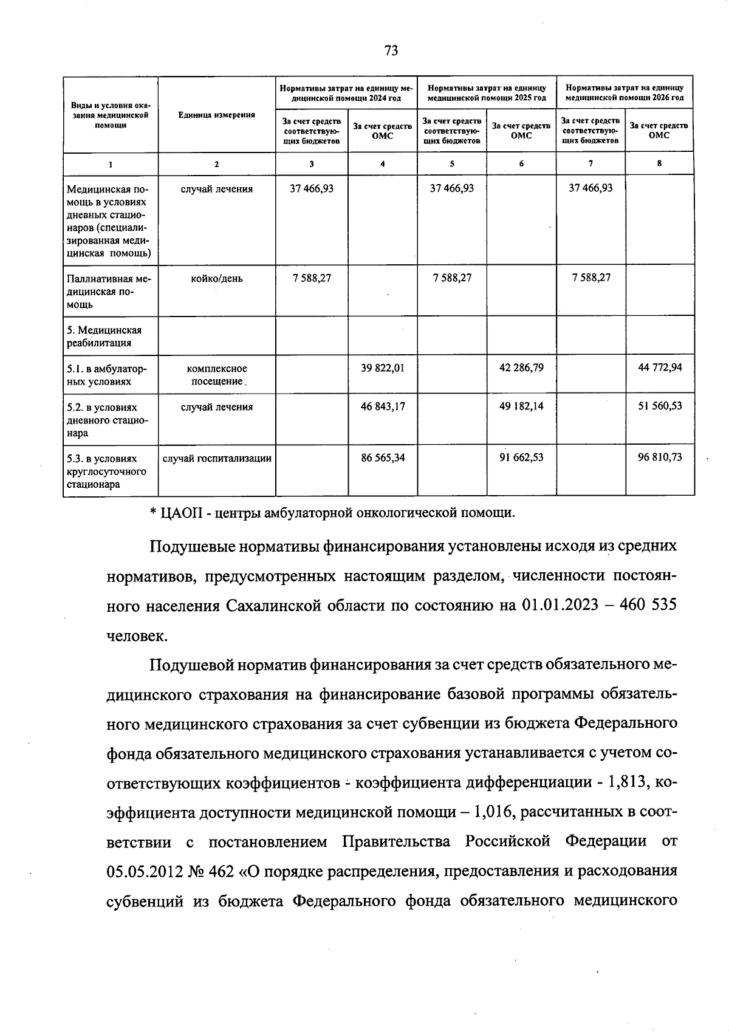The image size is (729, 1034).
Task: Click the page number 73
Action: coord(391,51)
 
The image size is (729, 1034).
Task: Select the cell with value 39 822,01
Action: coord(382,368)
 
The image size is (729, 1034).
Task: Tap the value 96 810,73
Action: coord(659,457)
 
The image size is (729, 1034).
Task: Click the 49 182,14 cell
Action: coord(521,406)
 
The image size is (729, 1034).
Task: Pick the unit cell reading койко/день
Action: coord(217,278)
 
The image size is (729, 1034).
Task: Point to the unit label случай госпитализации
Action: coord(217,458)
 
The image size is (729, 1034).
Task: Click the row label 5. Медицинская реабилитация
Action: coord(104,336)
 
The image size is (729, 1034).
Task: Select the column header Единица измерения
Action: coord(217,115)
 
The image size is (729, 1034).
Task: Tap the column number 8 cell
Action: coord(659,163)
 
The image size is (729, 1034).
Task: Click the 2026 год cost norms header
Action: coord(625,92)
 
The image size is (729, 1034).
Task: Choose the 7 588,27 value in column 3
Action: coord(312,278)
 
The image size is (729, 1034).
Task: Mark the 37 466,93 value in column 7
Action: coord(590,188)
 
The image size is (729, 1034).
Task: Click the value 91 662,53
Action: coord(521,457)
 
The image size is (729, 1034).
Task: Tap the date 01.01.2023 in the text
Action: coord(555,606)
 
